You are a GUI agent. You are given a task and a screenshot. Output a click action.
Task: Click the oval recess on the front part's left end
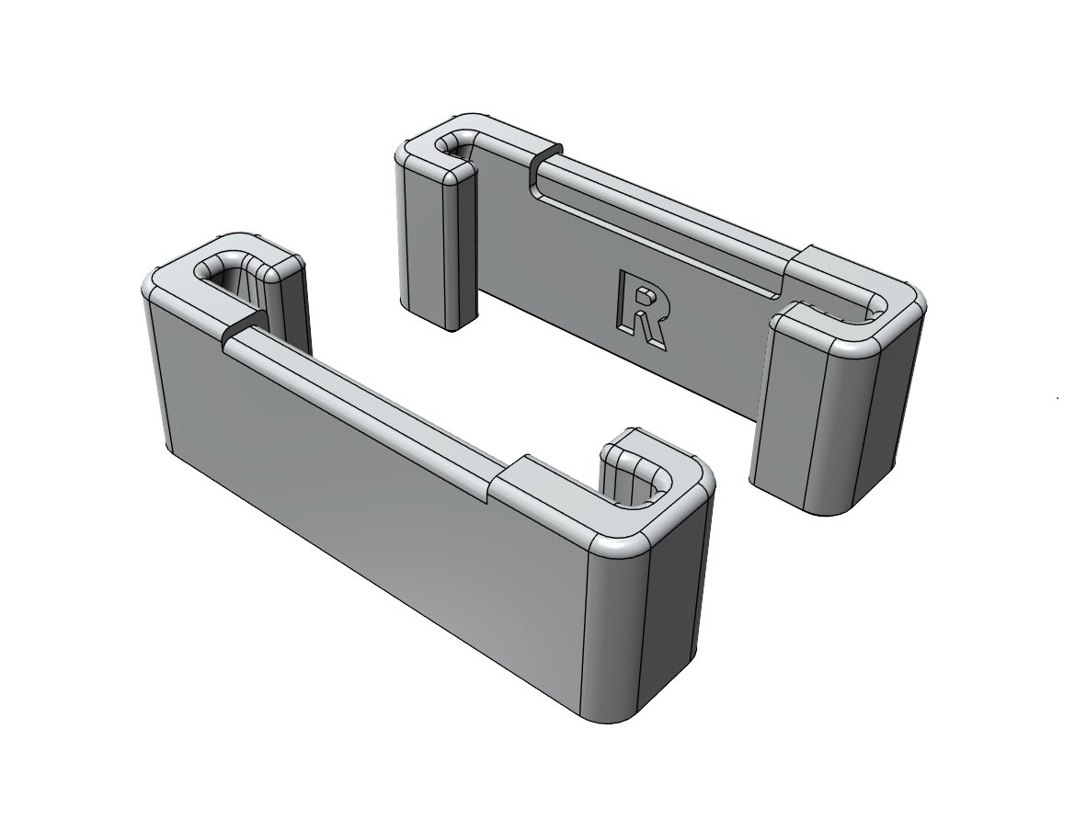[228, 270]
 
